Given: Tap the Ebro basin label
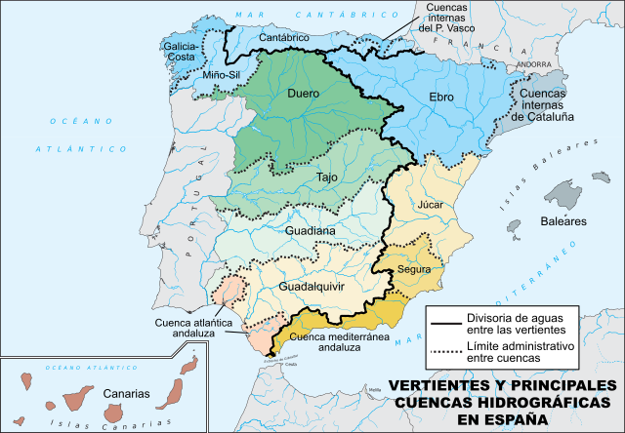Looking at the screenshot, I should (445, 98).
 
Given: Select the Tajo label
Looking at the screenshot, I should (328, 177).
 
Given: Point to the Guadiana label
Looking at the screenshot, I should (311, 231).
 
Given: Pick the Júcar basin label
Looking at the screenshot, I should (430, 207).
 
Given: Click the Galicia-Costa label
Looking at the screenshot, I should (183, 53).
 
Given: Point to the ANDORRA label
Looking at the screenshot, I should (533, 64).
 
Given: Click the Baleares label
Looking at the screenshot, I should (563, 221).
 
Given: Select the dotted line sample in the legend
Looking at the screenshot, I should (445, 352).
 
